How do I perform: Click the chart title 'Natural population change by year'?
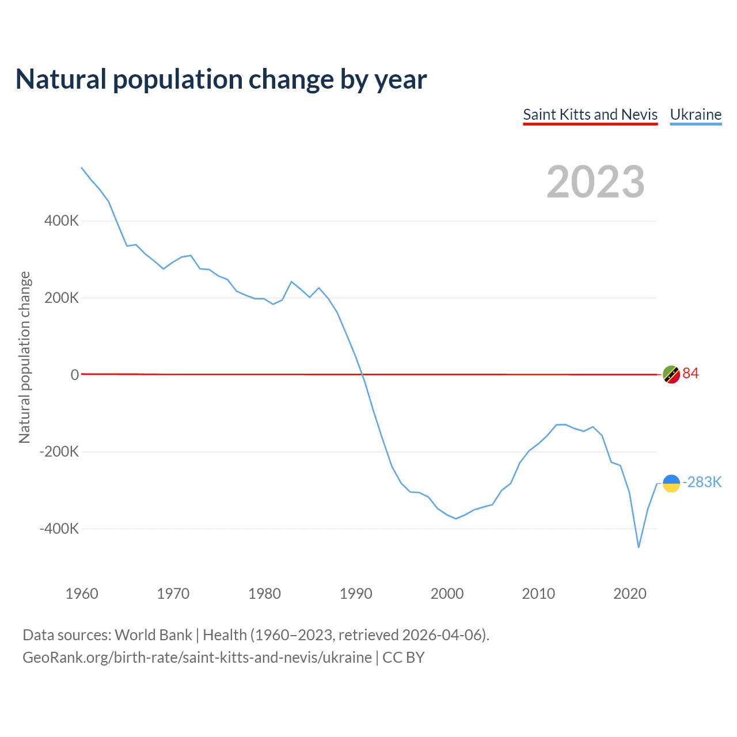click(x=221, y=79)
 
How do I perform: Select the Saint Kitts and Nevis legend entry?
click(x=590, y=115)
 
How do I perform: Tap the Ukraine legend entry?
click(x=696, y=115)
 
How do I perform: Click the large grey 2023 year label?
click(x=595, y=182)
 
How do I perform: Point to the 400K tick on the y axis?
click(x=62, y=221)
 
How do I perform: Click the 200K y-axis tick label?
click(x=62, y=298)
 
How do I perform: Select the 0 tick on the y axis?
click(x=75, y=375)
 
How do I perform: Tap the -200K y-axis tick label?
click(x=59, y=451)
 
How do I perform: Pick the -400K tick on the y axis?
click(x=59, y=529)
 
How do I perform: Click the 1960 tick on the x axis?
click(x=82, y=594)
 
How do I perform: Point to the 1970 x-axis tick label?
click(x=173, y=594)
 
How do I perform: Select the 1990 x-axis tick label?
click(x=356, y=594)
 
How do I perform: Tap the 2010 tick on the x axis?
click(x=538, y=594)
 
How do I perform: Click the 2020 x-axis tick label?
click(x=630, y=594)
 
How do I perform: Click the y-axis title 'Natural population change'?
click(x=25, y=358)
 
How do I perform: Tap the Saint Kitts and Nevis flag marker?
click(x=671, y=374)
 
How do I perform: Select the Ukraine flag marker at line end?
click(x=671, y=483)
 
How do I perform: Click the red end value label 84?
click(x=690, y=374)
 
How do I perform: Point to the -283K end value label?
click(x=702, y=483)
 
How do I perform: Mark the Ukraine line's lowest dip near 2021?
click(x=639, y=546)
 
